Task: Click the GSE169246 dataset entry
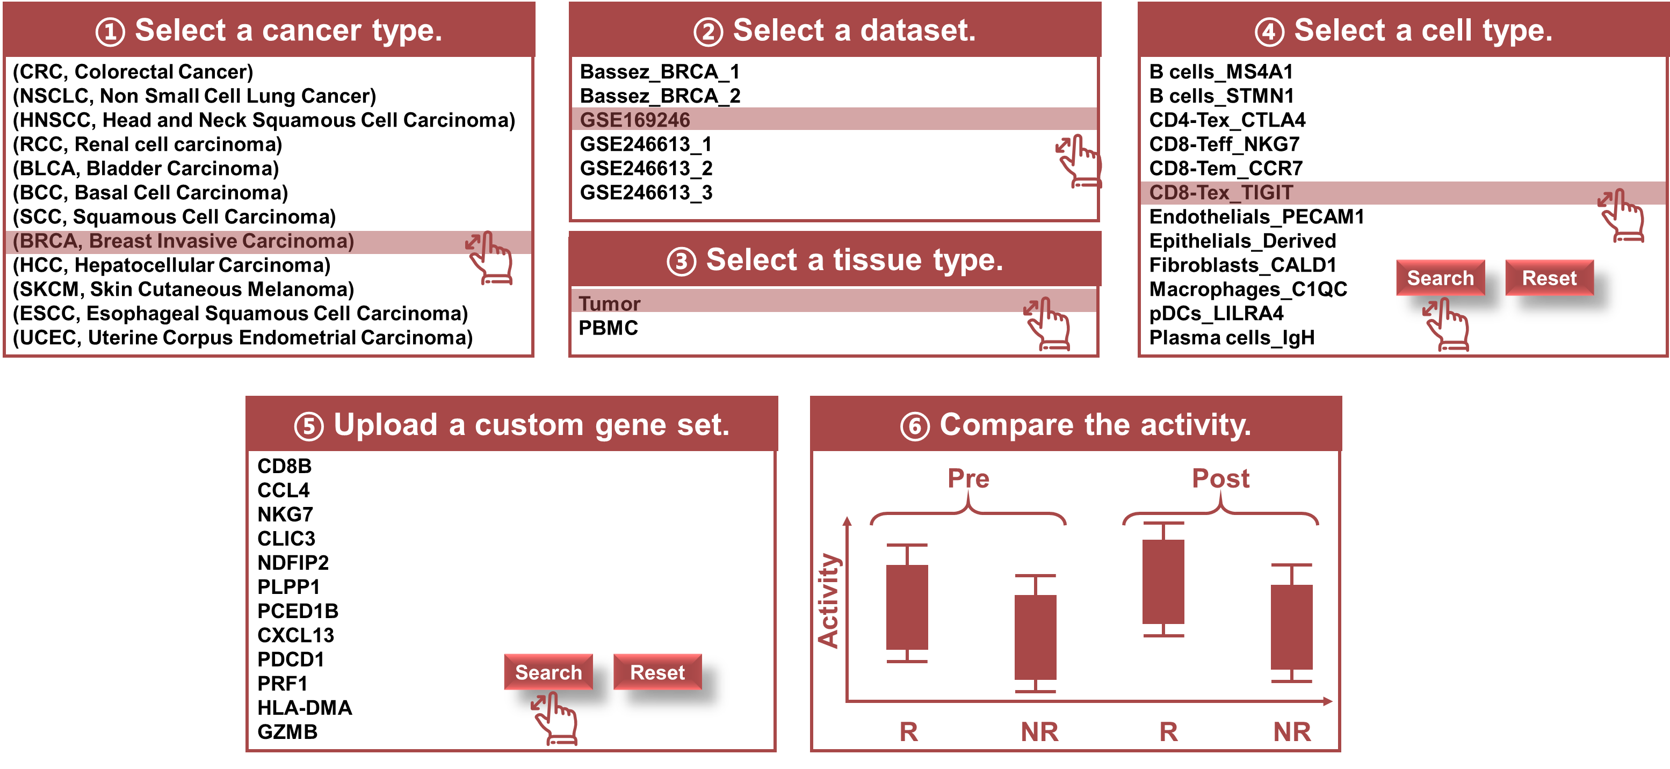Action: (635, 120)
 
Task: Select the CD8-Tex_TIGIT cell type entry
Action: (1221, 192)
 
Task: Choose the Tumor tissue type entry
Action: (609, 303)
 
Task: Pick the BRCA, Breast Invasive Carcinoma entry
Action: (184, 241)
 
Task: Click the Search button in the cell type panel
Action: (1440, 278)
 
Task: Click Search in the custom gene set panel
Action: (548, 672)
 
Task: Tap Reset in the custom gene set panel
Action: (657, 672)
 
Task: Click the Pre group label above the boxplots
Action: (968, 478)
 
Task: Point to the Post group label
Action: (1221, 478)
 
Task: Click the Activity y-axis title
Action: (828, 600)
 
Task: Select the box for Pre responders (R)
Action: (907, 606)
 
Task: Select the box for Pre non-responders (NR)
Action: (1035, 636)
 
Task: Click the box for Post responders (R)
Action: (1163, 581)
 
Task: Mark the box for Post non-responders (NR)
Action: (1291, 627)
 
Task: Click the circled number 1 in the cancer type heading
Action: (110, 32)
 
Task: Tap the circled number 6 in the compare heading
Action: (915, 426)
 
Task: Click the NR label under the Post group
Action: (1292, 731)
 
